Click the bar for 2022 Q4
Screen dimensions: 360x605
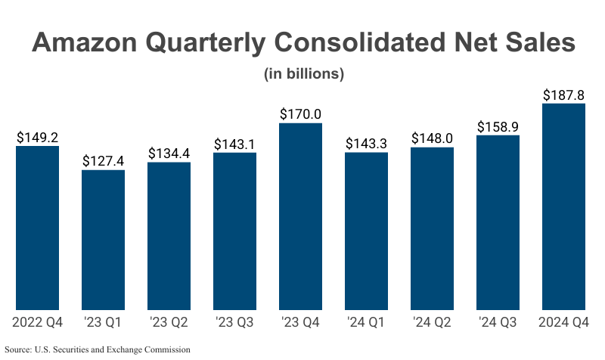(x=38, y=228)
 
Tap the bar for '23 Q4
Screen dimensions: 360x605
(x=300, y=216)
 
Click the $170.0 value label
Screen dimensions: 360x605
(x=300, y=114)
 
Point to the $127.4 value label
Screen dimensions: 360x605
(x=104, y=161)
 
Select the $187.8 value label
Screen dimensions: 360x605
(x=564, y=95)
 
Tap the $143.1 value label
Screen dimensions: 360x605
(x=234, y=144)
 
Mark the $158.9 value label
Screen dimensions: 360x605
(x=498, y=126)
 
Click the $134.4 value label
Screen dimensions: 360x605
(x=169, y=154)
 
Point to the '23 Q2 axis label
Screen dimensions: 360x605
(x=169, y=324)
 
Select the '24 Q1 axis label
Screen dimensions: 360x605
(x=366, y=324)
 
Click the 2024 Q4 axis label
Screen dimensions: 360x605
(x=564, y=324)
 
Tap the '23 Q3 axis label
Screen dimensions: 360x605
(x=234, y=324)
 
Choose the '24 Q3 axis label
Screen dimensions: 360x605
(x=498, y=324)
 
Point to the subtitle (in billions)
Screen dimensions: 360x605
(x=303, y=74)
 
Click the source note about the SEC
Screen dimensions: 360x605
(x=98, y=349)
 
